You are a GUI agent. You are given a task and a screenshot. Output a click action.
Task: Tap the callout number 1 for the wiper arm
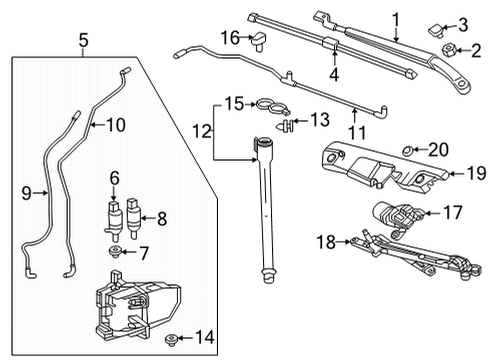tap(395, 18)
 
